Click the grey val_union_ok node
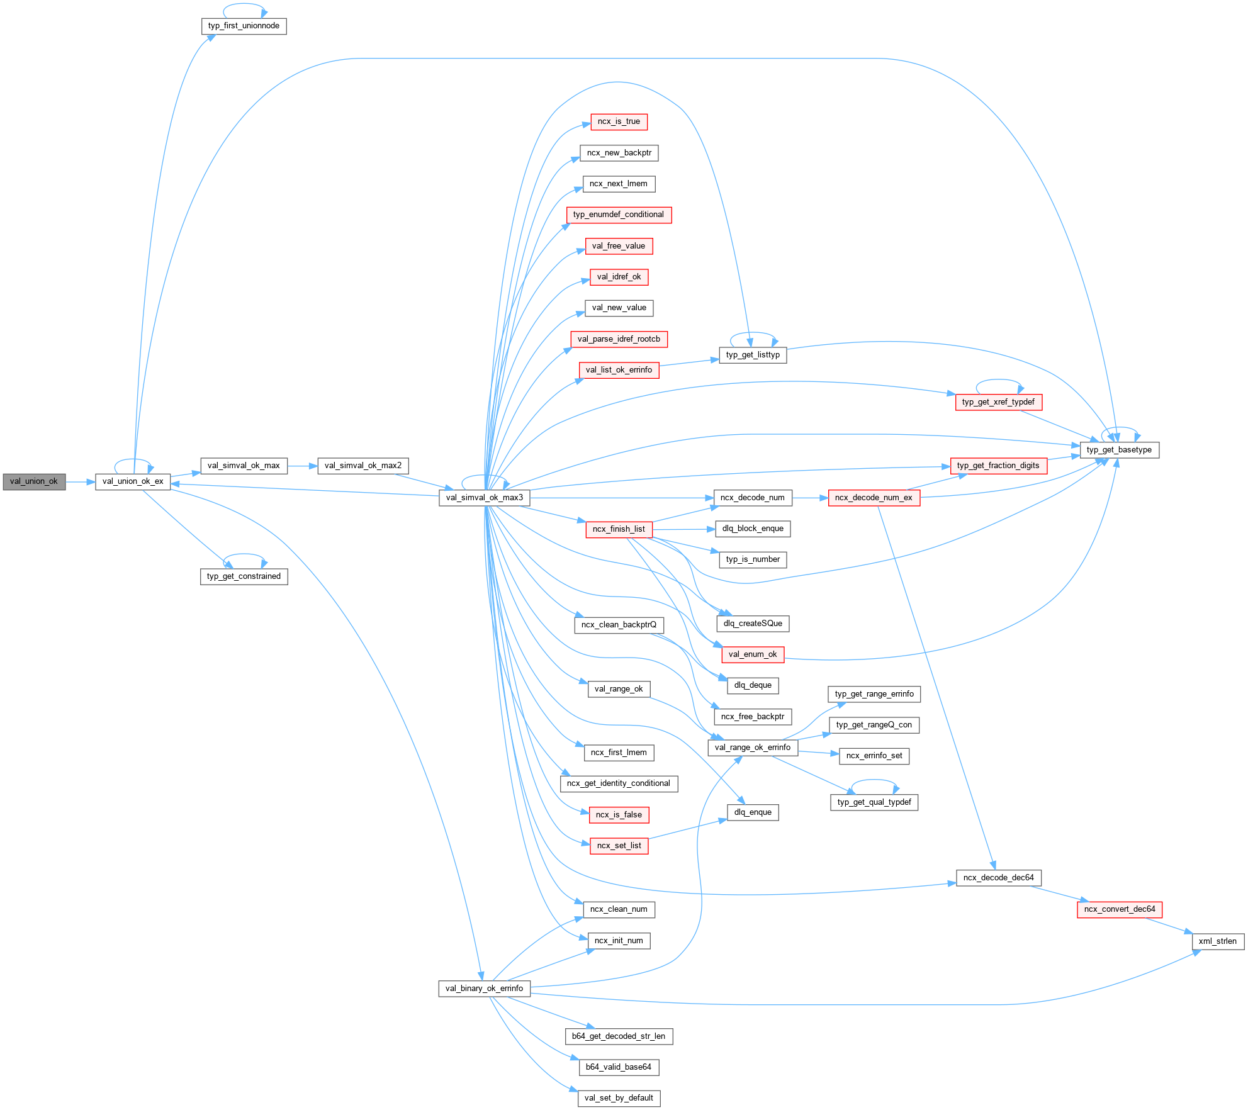(34, 481)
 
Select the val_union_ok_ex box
(133, 481)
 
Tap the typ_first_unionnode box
(244, 26)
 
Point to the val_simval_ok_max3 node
(484, 498)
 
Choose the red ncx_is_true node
(619, 121)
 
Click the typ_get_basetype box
(1119, 450)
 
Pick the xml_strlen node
(1217, 941)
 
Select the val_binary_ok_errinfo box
(484, 989)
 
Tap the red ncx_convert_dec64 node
(1120, 909)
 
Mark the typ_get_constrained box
(244, 576)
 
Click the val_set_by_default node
(619, 1098)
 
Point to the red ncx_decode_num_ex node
(874, 498)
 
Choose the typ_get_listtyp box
(753, 355)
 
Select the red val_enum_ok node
(753, 654)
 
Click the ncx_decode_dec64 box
(998, 878)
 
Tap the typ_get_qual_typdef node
(874, 802)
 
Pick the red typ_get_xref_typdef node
(998, 402)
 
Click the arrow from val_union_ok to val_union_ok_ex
(80, 482)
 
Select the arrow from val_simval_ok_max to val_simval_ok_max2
(303, 466)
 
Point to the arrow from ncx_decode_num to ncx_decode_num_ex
(810, 498)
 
